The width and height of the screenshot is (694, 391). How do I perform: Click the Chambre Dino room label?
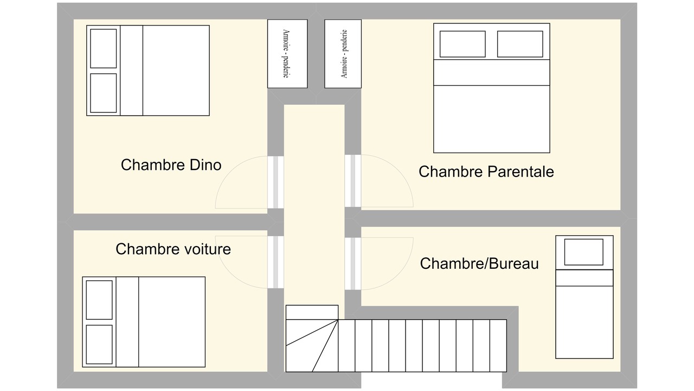[x=171, y=165]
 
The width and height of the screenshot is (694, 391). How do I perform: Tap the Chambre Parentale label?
[x=486, y=172]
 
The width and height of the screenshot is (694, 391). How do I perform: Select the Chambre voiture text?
[x=173, y=249]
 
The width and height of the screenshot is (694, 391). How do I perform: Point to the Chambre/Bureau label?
[x=479, y=263]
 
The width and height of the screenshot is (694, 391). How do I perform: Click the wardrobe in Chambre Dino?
[x=287, y=54]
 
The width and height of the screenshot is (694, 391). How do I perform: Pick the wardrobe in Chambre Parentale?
[x=343, y=54]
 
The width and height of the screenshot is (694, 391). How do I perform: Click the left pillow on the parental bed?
[x=462, y=44]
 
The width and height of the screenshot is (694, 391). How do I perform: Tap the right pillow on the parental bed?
[x=520, y=44]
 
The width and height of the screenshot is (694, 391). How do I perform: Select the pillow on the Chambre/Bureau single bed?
[x=584, y=252]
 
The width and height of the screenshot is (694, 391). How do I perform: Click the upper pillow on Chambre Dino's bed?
[x=104, y=48]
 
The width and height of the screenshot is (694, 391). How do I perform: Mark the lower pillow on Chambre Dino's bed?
[x=104, y=93]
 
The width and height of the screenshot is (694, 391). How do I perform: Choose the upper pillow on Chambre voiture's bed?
[x=99, y=300]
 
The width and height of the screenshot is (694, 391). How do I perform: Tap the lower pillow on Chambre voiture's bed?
[x=99, y=344]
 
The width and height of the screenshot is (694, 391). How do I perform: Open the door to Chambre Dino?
[x=275, y=182]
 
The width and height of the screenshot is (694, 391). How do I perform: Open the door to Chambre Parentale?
[x=353, y=181]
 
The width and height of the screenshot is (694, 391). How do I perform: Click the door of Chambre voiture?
[x=275, y=262]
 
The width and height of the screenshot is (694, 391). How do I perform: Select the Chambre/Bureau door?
[x=353, y=264]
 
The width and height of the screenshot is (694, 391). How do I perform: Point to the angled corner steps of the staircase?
[x=312, y=346]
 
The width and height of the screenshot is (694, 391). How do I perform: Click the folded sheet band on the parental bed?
[x=492, y=72]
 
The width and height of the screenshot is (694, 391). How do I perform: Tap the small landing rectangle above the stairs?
[x=312, y=312]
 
